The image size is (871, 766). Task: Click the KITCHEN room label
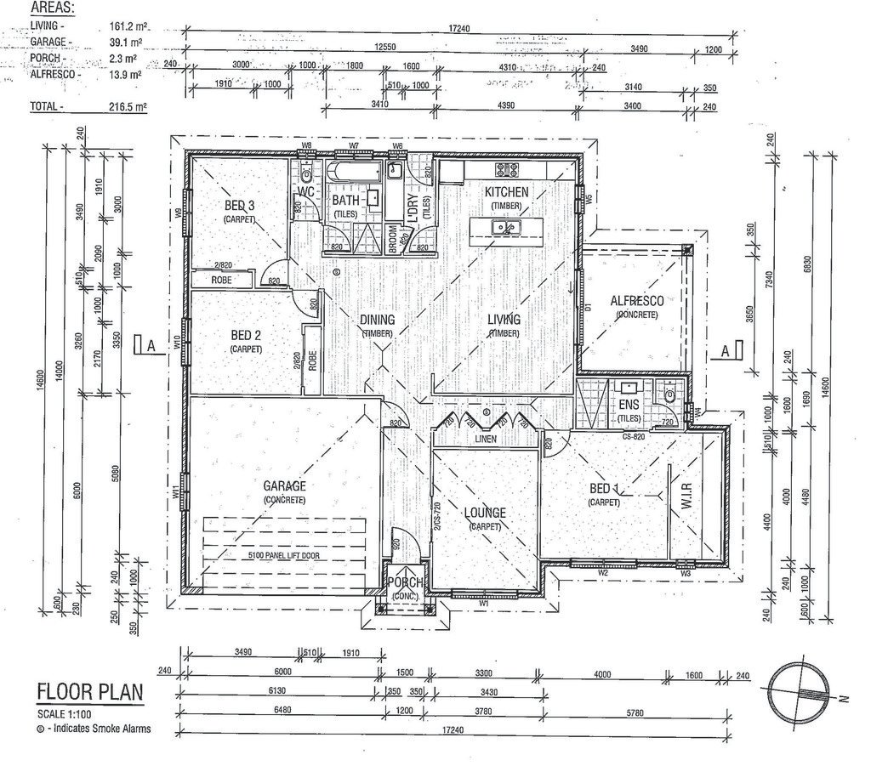[x=507, y=192]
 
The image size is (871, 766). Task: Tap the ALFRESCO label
[x=636, y=300]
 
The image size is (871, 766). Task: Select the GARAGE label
[x=284, y=486]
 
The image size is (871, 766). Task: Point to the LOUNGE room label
[x=485, y=513]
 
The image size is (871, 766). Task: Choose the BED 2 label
[x=246, y=335]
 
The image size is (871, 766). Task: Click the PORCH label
[x=406, y=582]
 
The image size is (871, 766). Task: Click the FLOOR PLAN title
[x=89, y=691]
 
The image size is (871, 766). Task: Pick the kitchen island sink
[x=508, y=226]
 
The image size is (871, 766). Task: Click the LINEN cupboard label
[x=487, y=439]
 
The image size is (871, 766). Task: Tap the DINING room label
[x=376, y=320]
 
